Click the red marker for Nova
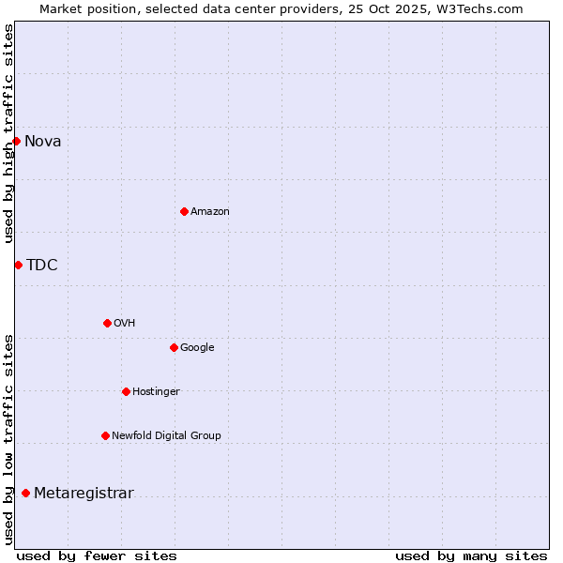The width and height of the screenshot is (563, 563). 16,141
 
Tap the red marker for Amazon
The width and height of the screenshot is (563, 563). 184,211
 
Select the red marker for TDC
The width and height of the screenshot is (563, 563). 18,265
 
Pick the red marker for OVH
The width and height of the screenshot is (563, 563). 107,323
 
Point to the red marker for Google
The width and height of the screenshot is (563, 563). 174,347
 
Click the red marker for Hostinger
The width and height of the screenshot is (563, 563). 126,391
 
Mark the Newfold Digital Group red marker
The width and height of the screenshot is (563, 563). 105,435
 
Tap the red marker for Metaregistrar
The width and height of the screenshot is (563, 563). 25,493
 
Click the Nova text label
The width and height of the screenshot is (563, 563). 43,142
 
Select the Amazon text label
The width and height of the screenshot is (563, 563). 210,212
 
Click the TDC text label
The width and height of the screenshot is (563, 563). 42,266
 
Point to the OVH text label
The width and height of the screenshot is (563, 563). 125,324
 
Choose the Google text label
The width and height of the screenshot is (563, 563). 197,348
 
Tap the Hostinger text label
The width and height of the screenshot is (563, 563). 156,392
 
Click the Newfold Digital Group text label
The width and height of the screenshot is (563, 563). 166,436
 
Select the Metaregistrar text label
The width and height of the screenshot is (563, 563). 84,494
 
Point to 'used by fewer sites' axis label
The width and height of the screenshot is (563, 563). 97,555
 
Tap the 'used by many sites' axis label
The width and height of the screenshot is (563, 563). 471,555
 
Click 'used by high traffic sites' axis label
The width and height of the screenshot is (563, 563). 9,133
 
